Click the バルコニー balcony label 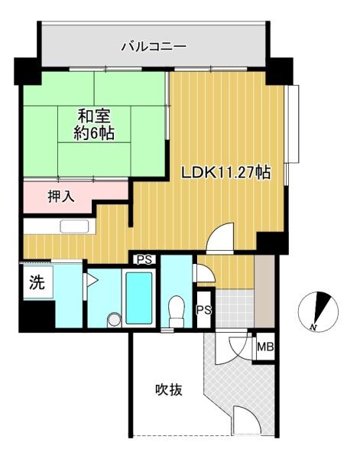point(154,47)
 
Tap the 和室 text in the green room point(94,116)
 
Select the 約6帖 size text point(93,133)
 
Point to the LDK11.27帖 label point(225,173)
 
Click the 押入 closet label point(61,197)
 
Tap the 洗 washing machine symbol point(37,283)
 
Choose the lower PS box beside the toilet point(204,309)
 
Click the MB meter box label point(265,347)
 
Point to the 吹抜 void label point(169,390)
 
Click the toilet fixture point(177,311)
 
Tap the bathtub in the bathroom point(139,298)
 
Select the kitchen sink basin point(74,226)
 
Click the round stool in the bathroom point(114,320)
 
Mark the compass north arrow point(323,307)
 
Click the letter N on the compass point(313,327)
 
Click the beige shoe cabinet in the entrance point(264,291)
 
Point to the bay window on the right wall point(293,123)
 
